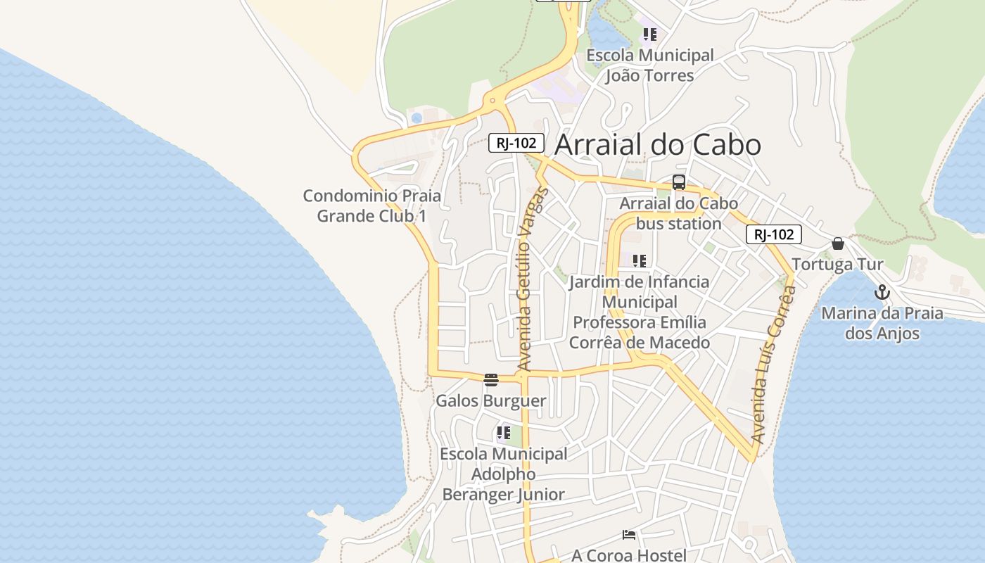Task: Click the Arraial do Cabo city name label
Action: tap(657, 145)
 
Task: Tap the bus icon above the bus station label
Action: tap(679, 182)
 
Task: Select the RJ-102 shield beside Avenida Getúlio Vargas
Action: tap(516, 143)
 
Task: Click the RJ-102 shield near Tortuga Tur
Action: tap(773, 234)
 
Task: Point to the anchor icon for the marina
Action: tap(882, 291)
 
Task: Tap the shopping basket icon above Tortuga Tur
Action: tap(837, 243)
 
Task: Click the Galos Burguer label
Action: tap(491, 401)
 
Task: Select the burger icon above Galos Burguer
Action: tap(491, 380)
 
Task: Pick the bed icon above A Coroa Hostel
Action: tap(629, 536)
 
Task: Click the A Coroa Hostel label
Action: tap(629, 555)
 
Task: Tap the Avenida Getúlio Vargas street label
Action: tap(532, 279)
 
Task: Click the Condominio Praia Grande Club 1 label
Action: tap(371, 205)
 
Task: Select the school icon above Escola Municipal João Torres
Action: tap(649, 34)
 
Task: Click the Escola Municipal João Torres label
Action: tap(649, 65)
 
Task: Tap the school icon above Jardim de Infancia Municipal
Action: tap(639, 261)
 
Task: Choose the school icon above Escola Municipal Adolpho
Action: tap(503, 433)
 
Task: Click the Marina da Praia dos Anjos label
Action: tap(882, 322)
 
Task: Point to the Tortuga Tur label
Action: tap(837, 265)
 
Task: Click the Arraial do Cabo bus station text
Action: tap(679, 213)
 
